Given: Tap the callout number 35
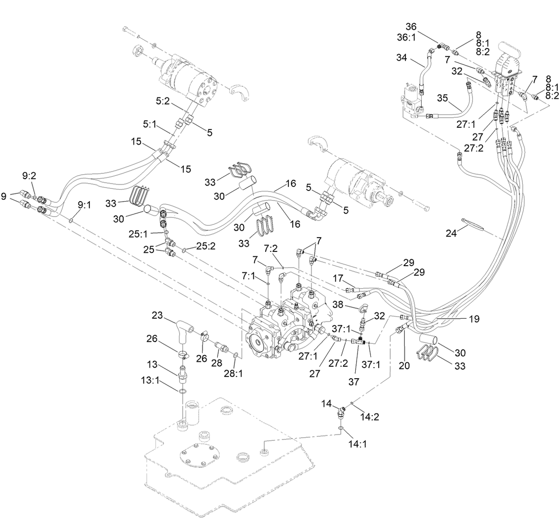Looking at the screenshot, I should point(442,98).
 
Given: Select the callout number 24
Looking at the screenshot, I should point(451,234).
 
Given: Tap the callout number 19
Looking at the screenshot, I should point(474,319).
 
